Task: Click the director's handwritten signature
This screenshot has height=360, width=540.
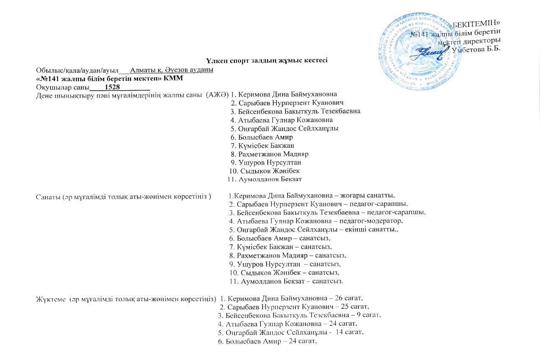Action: point(428,53)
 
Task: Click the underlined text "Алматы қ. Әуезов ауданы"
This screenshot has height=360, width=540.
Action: point(172,70)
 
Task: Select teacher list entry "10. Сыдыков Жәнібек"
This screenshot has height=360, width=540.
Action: point(264,171)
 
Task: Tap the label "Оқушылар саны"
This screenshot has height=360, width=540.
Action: point(63,87)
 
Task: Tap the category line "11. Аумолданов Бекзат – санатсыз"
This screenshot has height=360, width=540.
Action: point(286,281)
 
